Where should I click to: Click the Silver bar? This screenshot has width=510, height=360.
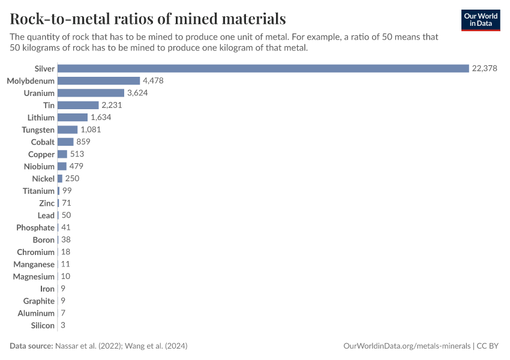click(x=263, y=68)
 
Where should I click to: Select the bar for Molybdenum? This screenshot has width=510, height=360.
click(x=98, y=80)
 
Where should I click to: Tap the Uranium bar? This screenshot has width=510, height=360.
click(x=91, y=93)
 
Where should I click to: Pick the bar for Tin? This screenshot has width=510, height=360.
click(x=78, y=105)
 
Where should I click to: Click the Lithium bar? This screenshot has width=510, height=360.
click(x=73, y=118)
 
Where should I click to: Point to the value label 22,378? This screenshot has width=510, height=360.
click(x=485, y=68)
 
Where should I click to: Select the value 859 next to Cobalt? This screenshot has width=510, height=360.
click(x=83, y=142)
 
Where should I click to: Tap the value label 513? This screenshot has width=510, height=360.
click(x=77, y=154)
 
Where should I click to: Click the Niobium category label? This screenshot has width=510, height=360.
click(x=39, y=166)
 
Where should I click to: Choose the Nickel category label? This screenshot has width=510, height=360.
click(x=43, y=179)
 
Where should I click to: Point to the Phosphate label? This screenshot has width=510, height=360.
click(x=35, y=227)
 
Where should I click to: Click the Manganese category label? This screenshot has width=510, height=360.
click(x=34, y=264)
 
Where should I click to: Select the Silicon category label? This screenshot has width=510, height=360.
click(x=43, y=325)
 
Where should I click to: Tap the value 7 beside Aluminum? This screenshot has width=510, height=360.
click(x=63, y=313)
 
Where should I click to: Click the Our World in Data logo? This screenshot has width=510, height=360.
click(x=481, y=20)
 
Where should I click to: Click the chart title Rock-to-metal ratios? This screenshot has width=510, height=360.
click(x=148, y=19)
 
